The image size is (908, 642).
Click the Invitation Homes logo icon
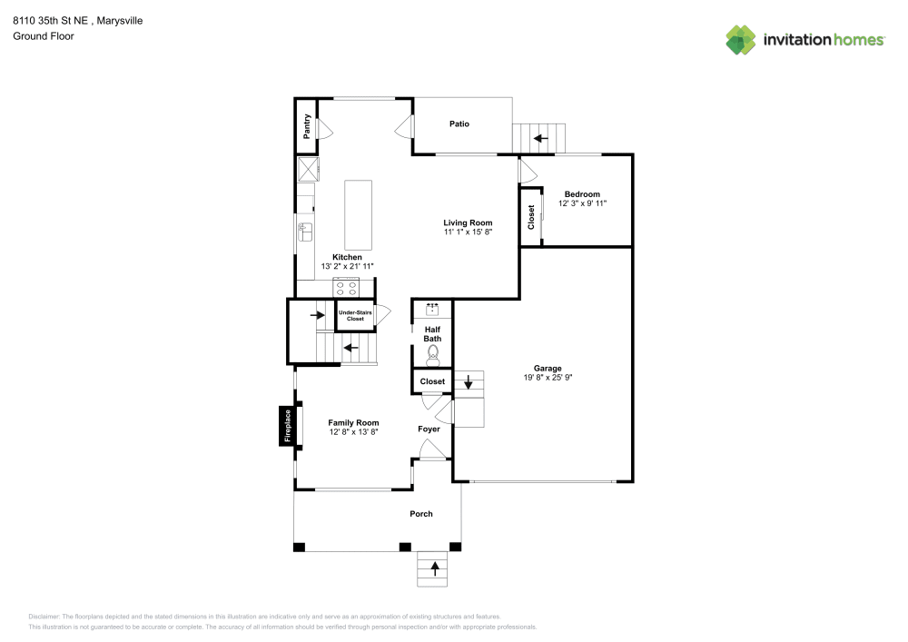click(x=741, y=40)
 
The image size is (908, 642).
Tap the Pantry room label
click(x=308, y=124)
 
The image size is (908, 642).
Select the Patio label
click(x=459, y=124)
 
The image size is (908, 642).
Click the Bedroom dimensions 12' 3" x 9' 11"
click(x=582, y=204)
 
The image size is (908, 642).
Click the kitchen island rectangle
click(x=358, y=215)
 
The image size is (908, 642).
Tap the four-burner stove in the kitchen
click(x=346, y=288)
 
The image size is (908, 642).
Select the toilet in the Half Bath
click(x=433, y=352)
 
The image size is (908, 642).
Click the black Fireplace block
click(x=286, y=427)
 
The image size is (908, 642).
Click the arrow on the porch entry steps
click(x=434, y=569)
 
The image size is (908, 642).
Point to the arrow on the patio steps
click(x=540, y=139)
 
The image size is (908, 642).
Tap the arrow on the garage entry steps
click(x=469, y=383)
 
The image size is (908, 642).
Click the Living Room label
click(x=468, y=222)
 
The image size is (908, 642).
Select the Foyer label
click(x=429, y=429)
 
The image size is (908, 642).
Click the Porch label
click(x=421, y=514)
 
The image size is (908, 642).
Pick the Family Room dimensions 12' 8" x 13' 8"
click(x=353, y=432)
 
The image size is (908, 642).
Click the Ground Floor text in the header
click(x=43, y=36)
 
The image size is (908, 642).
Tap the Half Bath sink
click(x=433, y=310)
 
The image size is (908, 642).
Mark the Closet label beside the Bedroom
click(x=531, y=216)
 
